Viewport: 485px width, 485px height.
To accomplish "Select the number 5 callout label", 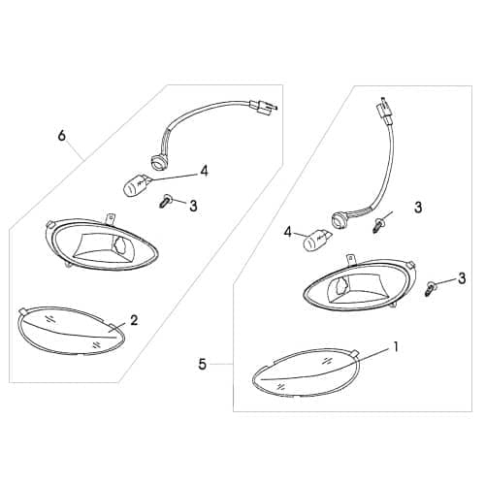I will [x=202, y=366].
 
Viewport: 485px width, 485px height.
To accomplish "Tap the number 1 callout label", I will [x=395, y=345].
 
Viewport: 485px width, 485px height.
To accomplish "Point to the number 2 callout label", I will [x=134, y=319].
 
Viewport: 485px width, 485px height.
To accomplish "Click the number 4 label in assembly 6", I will [x=204, y=172].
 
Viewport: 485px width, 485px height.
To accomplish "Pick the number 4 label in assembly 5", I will [x=287, y=233].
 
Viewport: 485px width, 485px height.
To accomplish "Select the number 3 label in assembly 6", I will [x=193, y=206].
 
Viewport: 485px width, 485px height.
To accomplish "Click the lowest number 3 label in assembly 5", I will [x=462, y=278].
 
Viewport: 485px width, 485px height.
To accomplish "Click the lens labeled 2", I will [x=70, y=329].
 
